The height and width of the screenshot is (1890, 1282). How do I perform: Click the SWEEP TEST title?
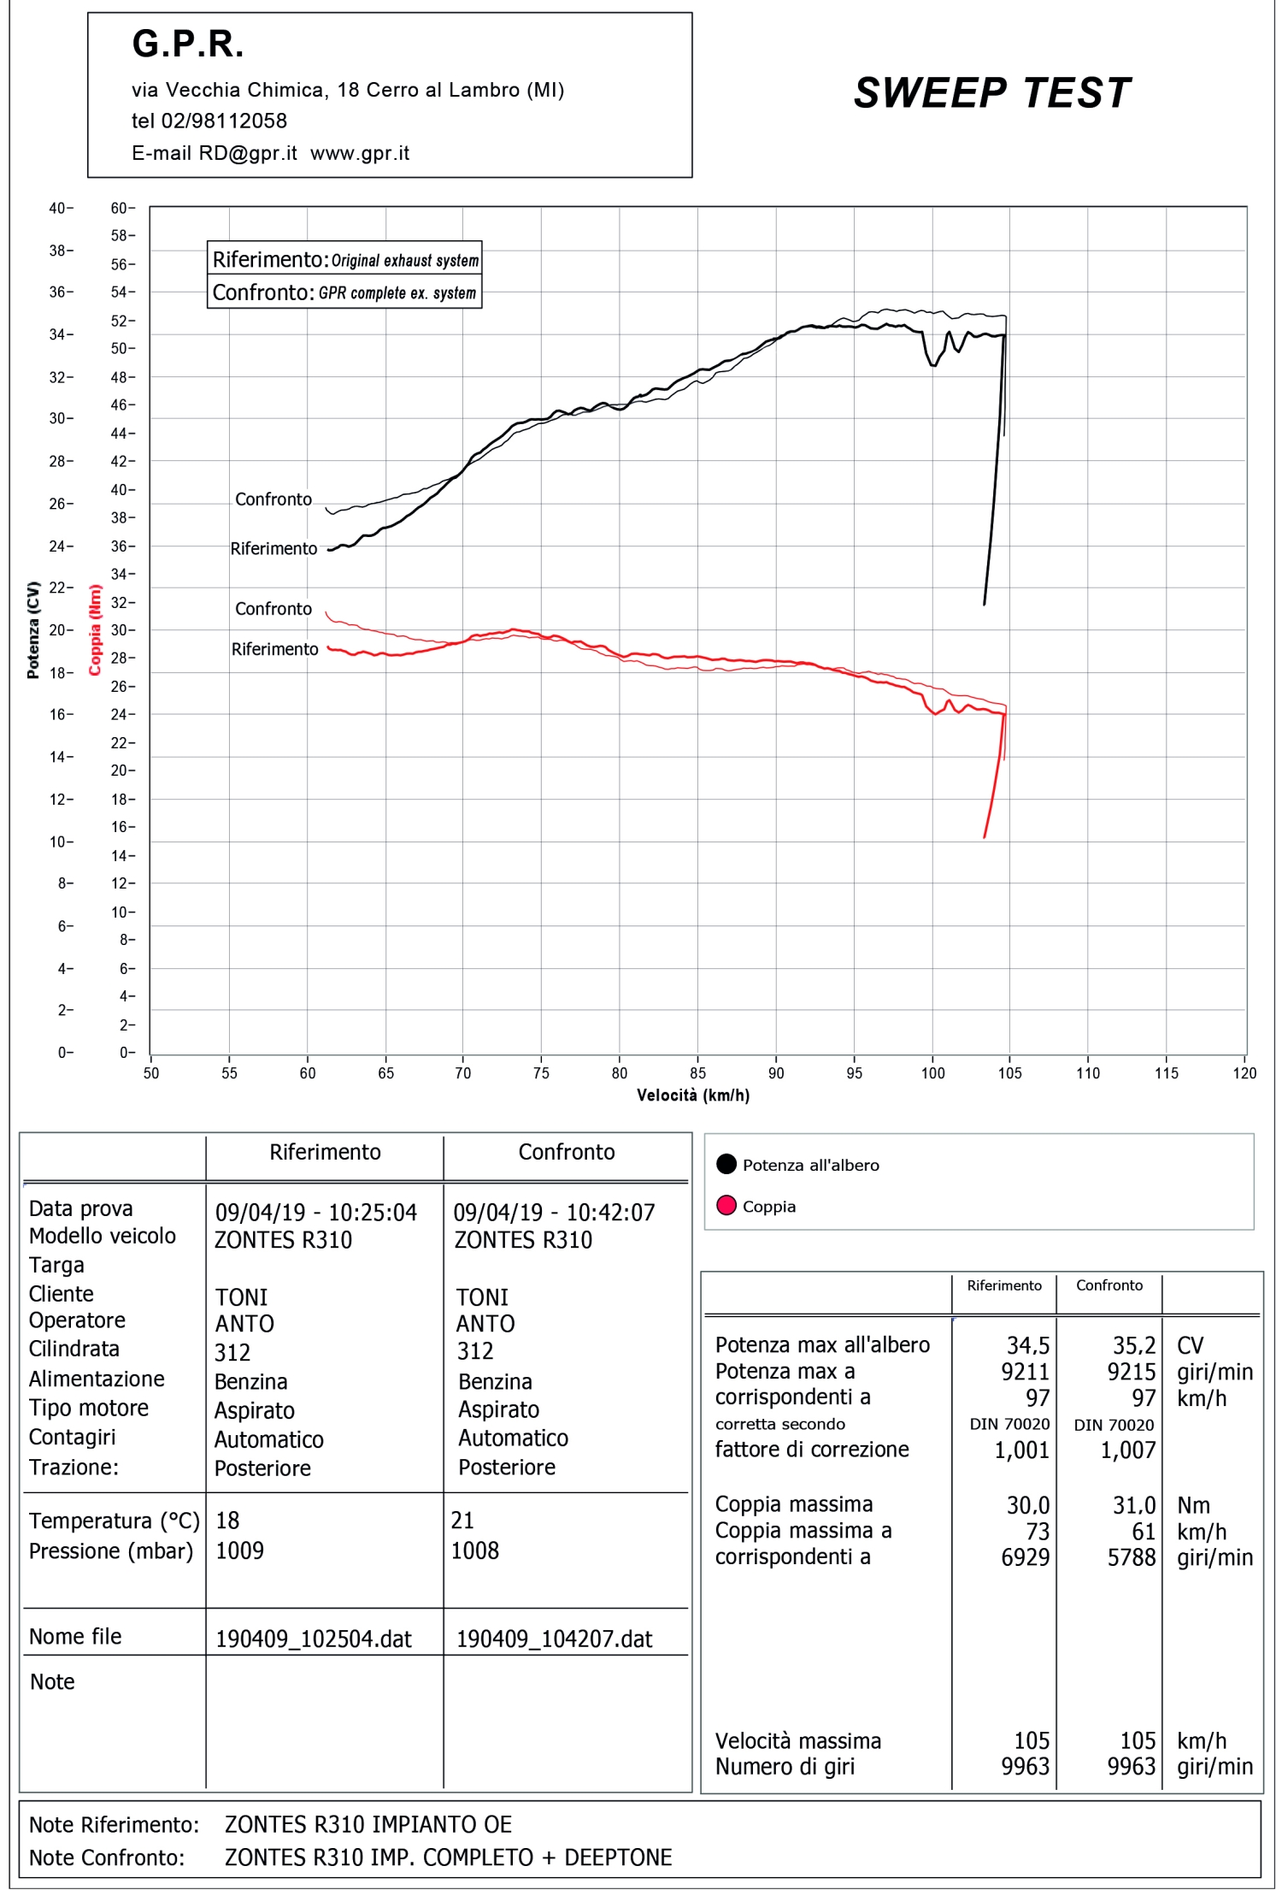[x=991, y=93]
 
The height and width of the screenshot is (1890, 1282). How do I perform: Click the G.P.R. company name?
[x=188, y=44]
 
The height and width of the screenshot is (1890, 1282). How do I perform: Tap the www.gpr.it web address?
[x=360, y=154]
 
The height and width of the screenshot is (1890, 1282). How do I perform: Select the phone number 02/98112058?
[x=224, y=121]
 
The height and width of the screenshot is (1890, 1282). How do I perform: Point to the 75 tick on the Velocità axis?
[x=541, y=1073]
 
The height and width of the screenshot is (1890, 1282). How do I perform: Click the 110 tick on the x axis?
[x=1088, y=1073]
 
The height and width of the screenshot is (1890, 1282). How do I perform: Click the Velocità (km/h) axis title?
[x=693, y=1096]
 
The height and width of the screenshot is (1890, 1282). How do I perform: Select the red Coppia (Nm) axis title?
[x=95, y=629]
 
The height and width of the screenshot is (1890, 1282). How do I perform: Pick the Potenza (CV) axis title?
[x=33, y=629]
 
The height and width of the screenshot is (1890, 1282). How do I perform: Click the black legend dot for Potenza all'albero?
[x=726, y=1164]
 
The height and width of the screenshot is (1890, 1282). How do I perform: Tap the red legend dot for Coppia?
[x=726, y=1206]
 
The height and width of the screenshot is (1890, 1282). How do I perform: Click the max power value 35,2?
[x=1133, y=1346]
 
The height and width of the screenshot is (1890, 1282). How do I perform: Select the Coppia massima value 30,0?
[x=1027, y=1505]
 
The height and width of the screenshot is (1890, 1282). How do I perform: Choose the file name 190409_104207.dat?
[x=554, y=1639]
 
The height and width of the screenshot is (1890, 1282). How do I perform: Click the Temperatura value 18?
[x=227, y=1521]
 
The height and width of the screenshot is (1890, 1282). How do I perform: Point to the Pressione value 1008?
[x=474, y=1550]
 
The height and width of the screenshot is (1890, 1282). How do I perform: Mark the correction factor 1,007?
[x=1128, y=1450]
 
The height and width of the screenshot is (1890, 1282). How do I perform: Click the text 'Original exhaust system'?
[x=405, y=261]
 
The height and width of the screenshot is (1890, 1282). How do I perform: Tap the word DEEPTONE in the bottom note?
[x=618, y=1858]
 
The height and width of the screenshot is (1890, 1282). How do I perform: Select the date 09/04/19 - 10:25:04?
[x=315, y=1213]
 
